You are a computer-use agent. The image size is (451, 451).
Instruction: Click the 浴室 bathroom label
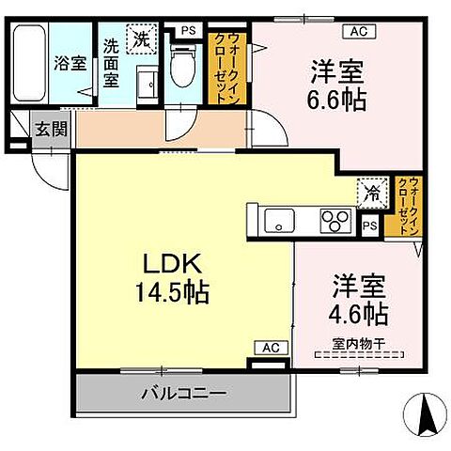pos(70,67)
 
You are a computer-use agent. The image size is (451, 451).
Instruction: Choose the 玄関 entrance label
pos(52,130)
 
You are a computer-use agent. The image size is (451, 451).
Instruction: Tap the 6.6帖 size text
pos(339,97)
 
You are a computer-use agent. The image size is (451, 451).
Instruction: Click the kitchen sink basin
pos(278,223)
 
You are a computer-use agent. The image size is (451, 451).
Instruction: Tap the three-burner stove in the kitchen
pos(334,223)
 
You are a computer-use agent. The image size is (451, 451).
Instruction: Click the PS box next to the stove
pos(369,225)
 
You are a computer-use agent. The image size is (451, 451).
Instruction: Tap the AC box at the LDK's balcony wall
pos(270,348)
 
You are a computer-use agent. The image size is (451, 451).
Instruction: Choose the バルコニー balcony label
pos(184,393)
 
